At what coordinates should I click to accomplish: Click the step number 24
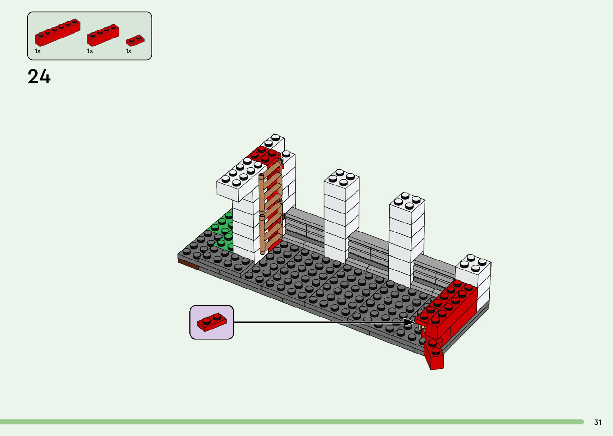(39, 76)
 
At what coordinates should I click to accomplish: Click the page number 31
(598, 422)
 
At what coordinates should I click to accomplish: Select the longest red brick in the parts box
(57, 32)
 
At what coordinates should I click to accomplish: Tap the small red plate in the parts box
(135, 40)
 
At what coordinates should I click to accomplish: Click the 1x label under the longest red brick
(38, 51)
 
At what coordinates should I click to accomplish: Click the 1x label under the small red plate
(129, 51)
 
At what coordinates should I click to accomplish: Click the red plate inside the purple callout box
(211, 322)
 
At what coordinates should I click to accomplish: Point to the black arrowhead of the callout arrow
(409, 322)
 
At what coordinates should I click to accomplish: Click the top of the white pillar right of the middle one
(407, 202)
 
